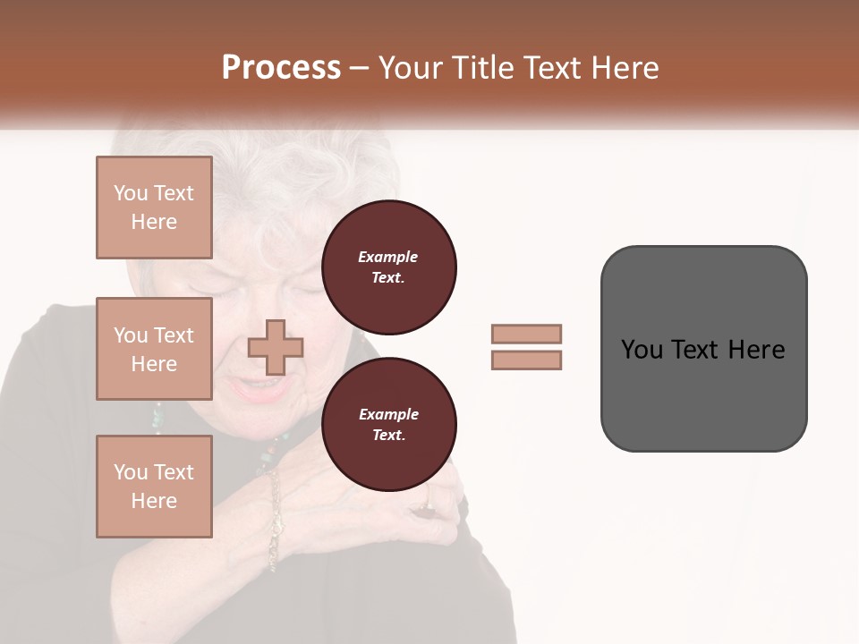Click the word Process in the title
[281, 67]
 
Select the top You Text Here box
[154, 208]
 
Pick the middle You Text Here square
[154, 349]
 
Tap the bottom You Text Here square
[154, 486]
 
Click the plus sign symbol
[276, 347]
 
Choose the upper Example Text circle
[388, 267]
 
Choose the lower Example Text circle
[388, 424]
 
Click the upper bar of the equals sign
[526, 334]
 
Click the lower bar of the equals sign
[526, 360]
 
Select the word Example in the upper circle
[388, 257]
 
